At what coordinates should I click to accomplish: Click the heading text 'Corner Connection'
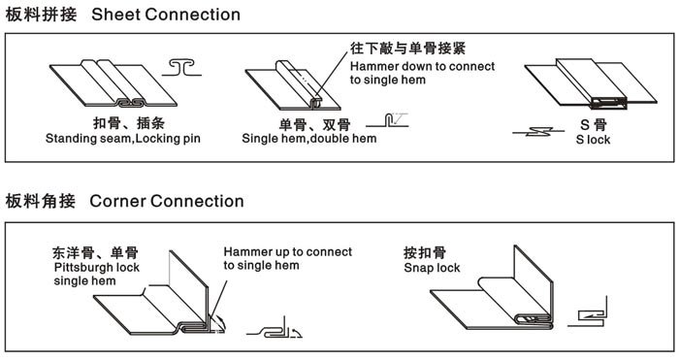pos(166,201)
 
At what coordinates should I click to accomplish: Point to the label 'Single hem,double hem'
pos(308,139)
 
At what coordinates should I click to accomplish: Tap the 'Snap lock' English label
pos(433,267)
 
